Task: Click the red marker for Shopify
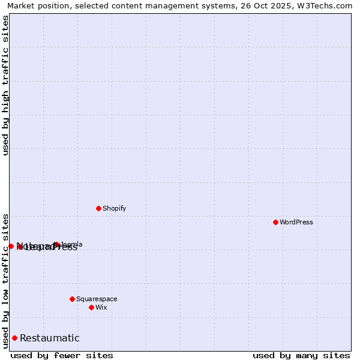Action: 98,208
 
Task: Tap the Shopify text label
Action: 114,209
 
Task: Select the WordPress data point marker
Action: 275,222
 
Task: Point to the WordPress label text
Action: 296,223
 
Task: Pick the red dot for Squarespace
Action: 72,299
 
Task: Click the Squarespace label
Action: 97,299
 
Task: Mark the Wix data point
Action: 91,307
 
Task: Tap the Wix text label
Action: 101,308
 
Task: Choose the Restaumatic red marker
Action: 14,338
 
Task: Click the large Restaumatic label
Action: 49,338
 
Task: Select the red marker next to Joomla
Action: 56,244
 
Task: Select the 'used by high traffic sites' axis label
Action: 5,85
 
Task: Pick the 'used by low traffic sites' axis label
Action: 5,281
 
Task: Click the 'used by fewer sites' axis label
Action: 62,355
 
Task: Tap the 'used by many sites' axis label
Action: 301,355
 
